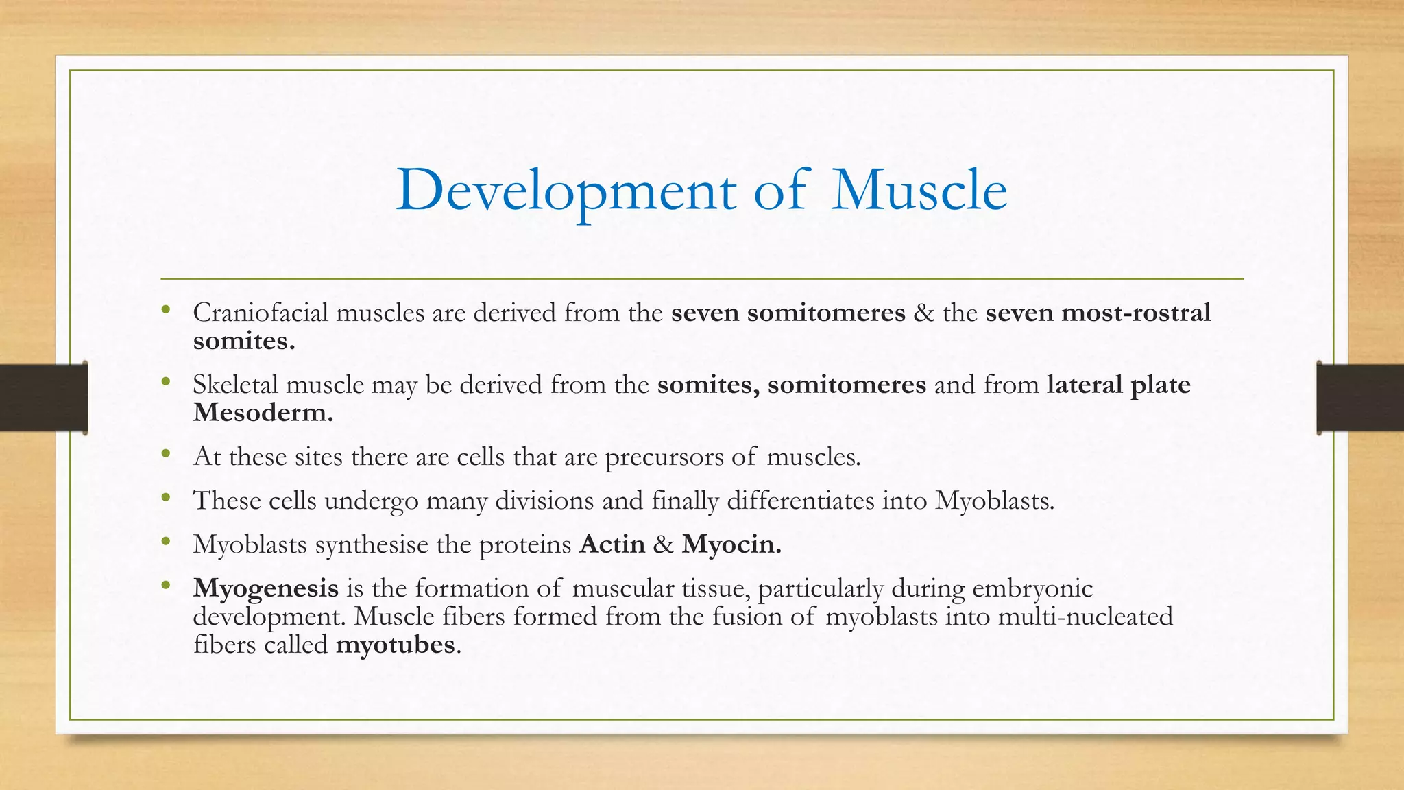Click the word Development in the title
click(x=566, y=191)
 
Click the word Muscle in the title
click(x=919, y=191)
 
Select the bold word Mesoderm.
click(x=263, y=413)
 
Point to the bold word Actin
click(x=612, y=544)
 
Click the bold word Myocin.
click(x=731, y=544)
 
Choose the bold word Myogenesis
click(x=265, y=588)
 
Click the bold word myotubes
click(x=395, y=645)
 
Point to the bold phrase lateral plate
click(x=1118, y=385)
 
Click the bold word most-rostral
click(x=1135, y=313)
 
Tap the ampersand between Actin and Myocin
click(x=663, y=544)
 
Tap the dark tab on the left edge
click(x=43, y=398)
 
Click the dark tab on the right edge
click(x=1360, y=398)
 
